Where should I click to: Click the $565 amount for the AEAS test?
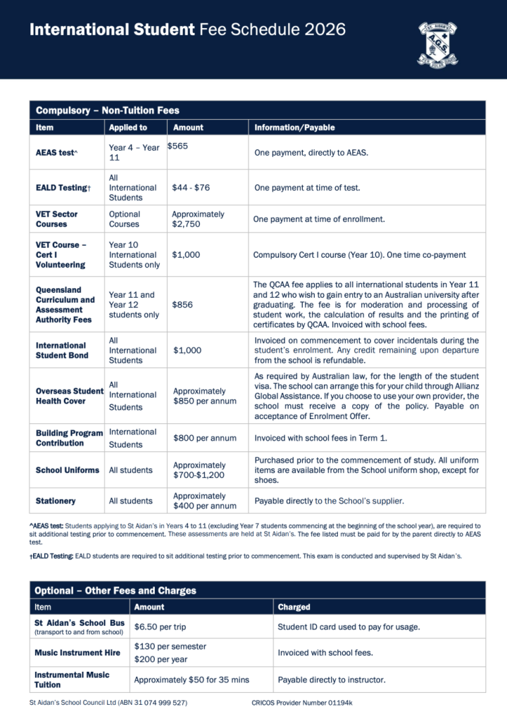pos(177,146)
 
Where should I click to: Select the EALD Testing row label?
pos(63,188)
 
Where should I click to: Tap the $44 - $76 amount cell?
pos(191,188)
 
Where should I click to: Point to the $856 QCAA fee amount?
pos(182,305)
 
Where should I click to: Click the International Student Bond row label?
pos(61,351)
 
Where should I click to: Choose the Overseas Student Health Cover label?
pos(70,396)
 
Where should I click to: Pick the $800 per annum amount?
pos(204,438)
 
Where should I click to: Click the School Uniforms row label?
pos(68,470)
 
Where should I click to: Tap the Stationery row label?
pos(56,501)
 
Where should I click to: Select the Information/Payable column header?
pos(294,127)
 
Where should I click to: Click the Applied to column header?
pos(128,127)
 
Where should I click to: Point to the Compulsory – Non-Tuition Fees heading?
pos(108,111)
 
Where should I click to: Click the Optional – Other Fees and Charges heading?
pos(115,591)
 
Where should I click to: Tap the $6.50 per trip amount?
pos(160,627)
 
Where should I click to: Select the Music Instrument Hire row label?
pos(77,653)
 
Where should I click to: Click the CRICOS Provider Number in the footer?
pos(302,703)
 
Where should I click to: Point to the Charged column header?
pos(294,607)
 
